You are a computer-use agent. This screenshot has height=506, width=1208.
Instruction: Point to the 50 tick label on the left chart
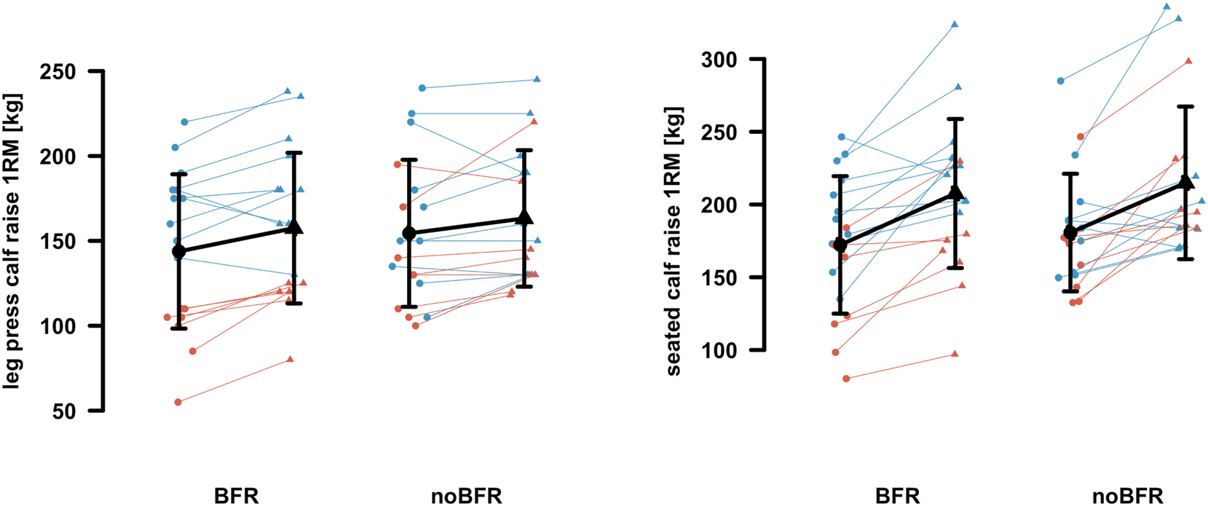click(x=64, y=411)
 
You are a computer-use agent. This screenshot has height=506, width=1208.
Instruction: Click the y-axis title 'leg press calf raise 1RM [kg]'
click(x=12, y=240)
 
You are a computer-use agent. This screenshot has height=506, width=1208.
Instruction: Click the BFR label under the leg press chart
click(x=237, y=497)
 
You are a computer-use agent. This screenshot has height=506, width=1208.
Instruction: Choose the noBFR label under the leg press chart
click(x=467, y=497)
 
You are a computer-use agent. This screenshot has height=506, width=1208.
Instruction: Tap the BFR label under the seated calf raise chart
click(x=898, y=497)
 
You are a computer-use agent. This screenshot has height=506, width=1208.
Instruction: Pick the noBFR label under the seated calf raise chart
click(x=1128, y=497)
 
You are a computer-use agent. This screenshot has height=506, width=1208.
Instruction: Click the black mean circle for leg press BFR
click(x=178, y=251)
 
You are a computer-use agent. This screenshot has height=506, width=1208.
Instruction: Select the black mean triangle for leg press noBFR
click(x=524, y=217)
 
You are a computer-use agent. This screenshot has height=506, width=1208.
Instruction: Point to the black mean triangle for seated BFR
click(x=956, y=194)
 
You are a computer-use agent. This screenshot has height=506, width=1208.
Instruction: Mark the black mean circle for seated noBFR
click(x=1070, y=232)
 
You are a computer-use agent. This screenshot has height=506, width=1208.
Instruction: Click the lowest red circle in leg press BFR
click(x=178, y=402)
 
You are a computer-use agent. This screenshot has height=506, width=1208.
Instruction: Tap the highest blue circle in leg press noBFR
click(x=422, y=88)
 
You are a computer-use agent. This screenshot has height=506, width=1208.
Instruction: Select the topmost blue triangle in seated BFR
click(x=955, y=24)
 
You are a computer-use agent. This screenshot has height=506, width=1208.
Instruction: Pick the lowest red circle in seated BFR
click(x=846, y=379)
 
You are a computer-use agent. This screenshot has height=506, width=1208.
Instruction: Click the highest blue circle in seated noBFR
click(x=1060, y=81)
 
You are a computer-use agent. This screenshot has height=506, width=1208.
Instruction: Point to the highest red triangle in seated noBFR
click(x=1188, y=61)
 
